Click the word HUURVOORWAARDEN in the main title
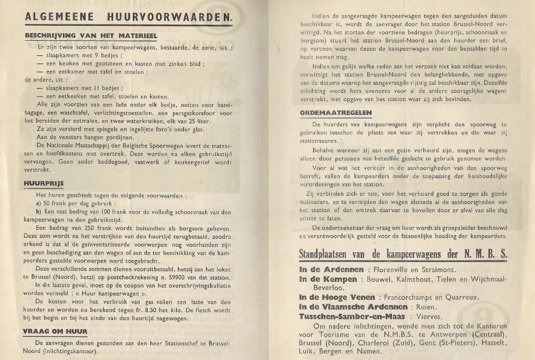click(x=170, y=17)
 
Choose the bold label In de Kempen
click(x=328, y=279)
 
